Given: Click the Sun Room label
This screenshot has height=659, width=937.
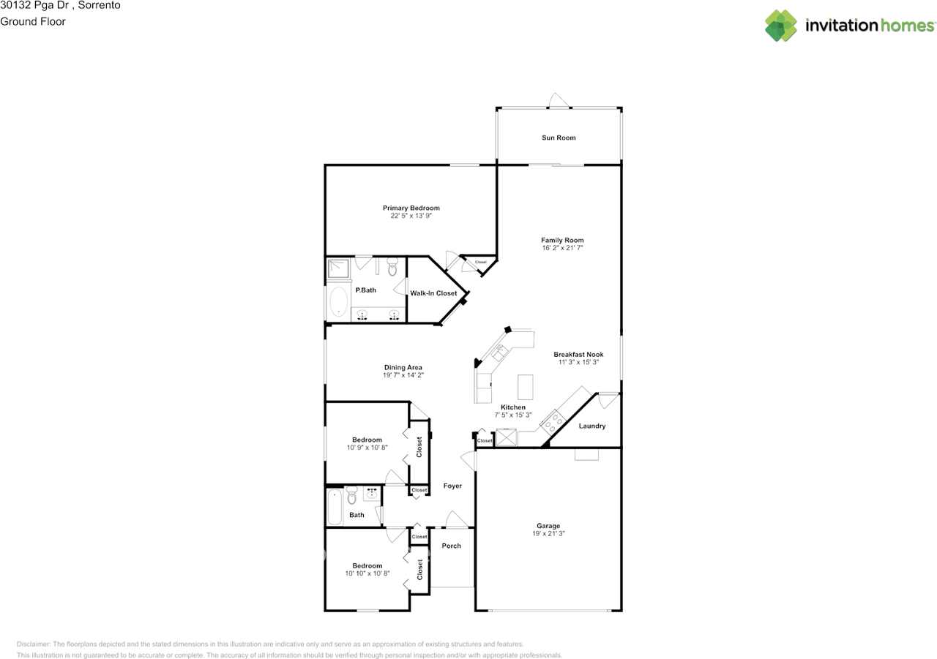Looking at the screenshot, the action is (559, 138).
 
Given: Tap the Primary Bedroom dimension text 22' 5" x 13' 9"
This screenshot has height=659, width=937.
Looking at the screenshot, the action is (411, 216).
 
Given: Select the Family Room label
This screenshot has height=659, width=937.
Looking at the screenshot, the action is (562, 240).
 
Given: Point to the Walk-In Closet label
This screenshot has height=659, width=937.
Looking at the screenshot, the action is (433, 293).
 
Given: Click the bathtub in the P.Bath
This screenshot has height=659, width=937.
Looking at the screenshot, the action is (338, 301).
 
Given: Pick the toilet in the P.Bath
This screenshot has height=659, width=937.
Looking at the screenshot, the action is (392, 266).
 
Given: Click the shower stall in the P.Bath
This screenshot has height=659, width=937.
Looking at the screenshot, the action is (338, 268).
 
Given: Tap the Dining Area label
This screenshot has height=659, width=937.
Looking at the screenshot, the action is (403, 367).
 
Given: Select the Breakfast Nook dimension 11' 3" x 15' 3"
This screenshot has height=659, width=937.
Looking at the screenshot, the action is (578, 362).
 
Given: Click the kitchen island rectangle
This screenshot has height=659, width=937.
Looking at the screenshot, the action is (526, 387).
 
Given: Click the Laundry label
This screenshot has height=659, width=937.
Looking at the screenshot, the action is (592, 426).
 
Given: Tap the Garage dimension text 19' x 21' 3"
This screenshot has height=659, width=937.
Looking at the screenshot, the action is (548, 533).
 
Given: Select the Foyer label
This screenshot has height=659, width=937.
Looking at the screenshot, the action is (452, 486).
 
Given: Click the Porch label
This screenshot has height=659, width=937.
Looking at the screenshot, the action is (452, 546).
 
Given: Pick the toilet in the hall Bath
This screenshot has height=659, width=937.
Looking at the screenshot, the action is (352, 494).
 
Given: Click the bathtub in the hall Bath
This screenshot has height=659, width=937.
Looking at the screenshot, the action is (335, 507).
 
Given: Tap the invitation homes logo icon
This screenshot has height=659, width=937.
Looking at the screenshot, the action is (781, 26).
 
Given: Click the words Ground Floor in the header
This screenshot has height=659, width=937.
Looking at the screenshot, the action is (33, 21).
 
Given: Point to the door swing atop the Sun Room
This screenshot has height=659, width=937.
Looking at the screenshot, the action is (559, 100).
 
